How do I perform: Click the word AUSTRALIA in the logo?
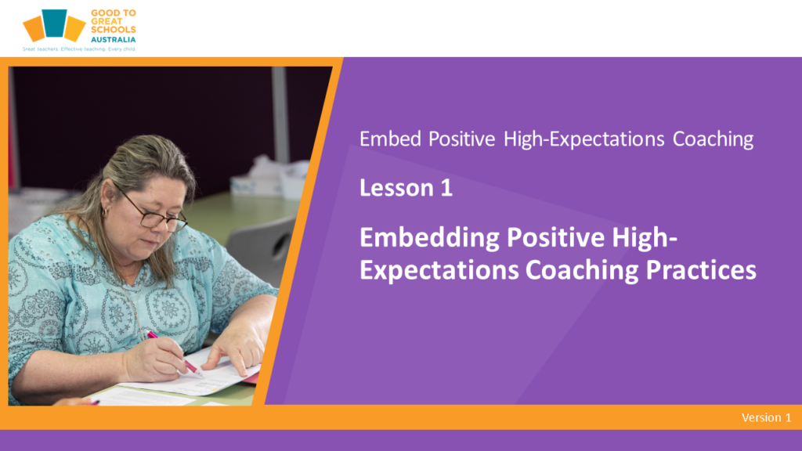[113, 39]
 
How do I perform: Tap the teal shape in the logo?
[54, 23]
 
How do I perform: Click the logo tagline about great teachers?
[79, 49]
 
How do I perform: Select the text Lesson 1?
[406, 188]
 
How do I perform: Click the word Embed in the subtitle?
[390, 139]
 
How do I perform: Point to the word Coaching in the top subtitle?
[713, 139]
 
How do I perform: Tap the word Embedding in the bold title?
[430, 237]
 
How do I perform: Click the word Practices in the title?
[701, 270]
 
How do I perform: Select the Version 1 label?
[766, 417]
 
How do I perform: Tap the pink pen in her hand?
[175, 353]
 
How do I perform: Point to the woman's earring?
[105, 212]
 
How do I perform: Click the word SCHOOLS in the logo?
[113, 30]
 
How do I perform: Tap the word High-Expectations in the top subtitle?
[583, 139]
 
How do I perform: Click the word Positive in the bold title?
[555, 237]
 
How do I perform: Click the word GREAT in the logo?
[107, 21]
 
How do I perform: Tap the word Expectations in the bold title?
[439, 270]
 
